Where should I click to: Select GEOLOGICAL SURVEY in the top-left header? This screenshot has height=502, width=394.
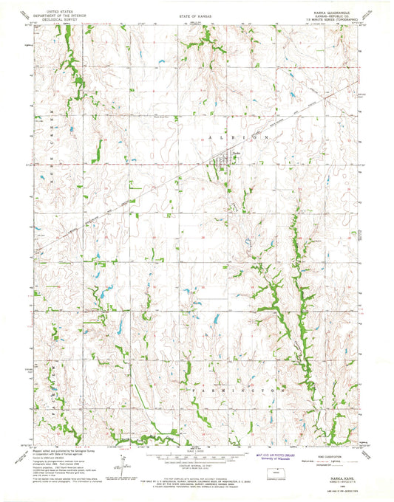[45, 20]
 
